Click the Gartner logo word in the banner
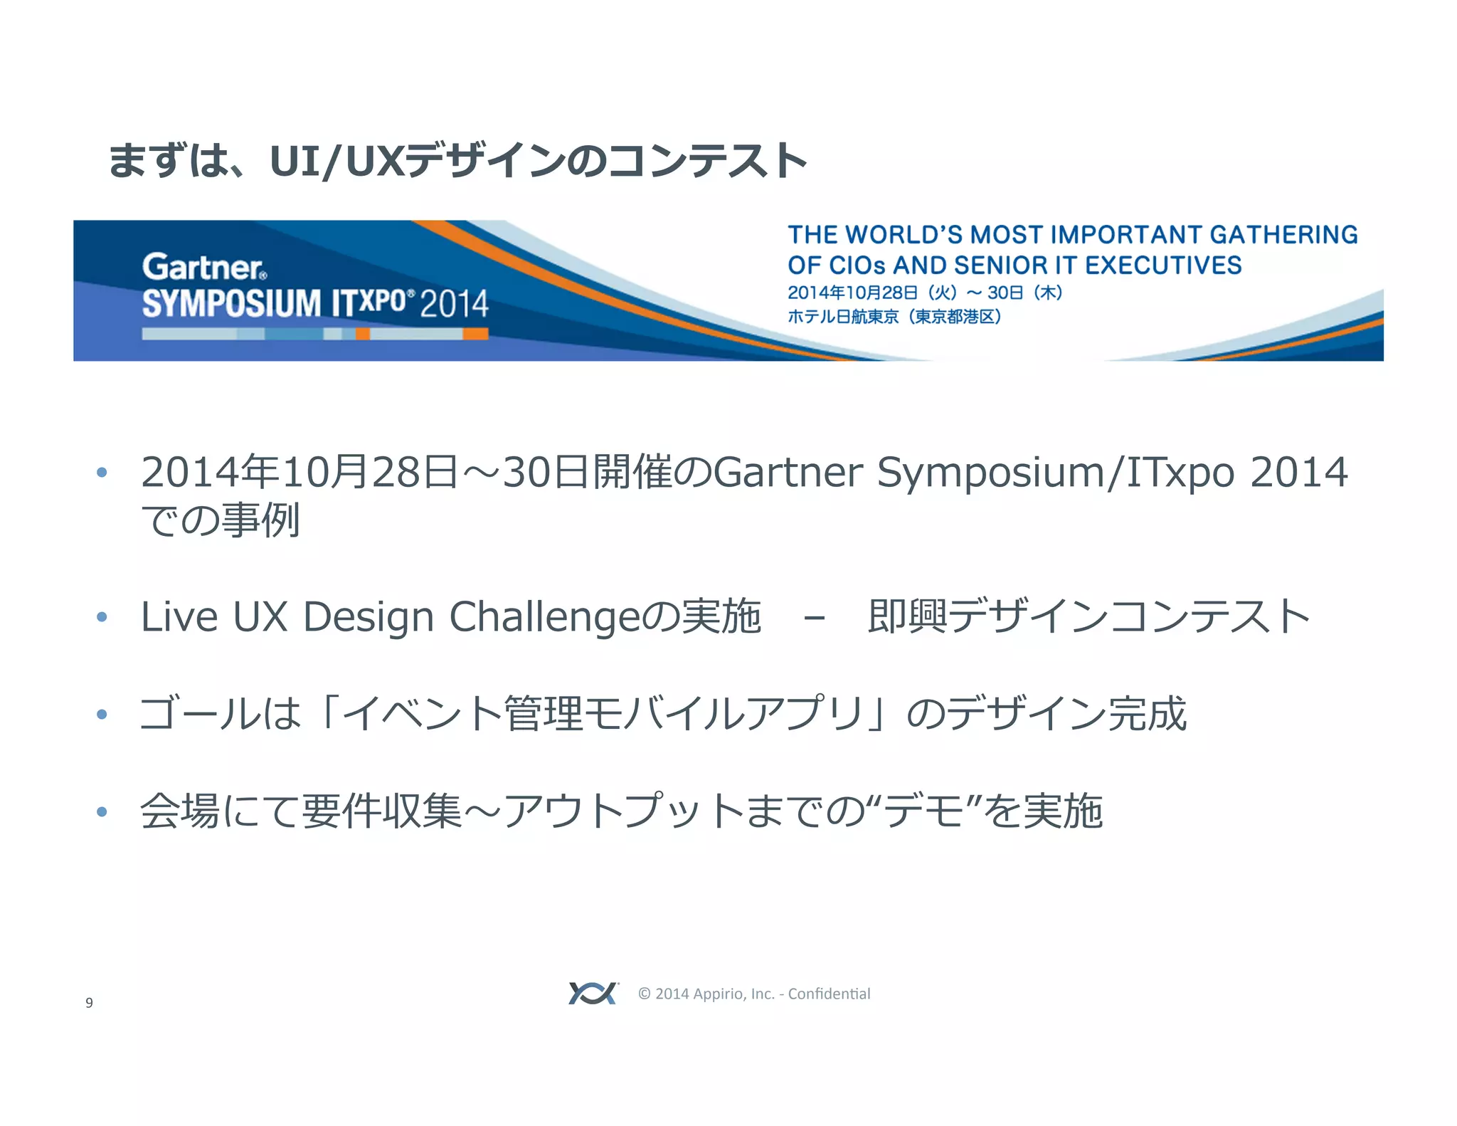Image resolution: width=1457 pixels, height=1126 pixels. coord(203,267)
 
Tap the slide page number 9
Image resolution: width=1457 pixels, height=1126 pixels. coord(89,1003)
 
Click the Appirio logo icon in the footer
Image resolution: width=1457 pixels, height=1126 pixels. coord(593,993)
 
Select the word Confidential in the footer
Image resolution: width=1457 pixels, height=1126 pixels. coord(829,994)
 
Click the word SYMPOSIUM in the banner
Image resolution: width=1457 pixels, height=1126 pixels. coord(232,303)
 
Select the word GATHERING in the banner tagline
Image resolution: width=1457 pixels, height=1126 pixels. coord(1283,235)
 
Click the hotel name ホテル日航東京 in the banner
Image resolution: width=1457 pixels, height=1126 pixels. coord(843,317)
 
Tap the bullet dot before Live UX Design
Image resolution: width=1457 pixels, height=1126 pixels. coord(102,616)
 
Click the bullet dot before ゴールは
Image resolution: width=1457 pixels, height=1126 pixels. coord(102,714)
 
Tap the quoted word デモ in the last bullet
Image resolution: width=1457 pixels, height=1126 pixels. coord(924,811)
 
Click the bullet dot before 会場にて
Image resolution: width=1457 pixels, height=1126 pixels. coord(102,811)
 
